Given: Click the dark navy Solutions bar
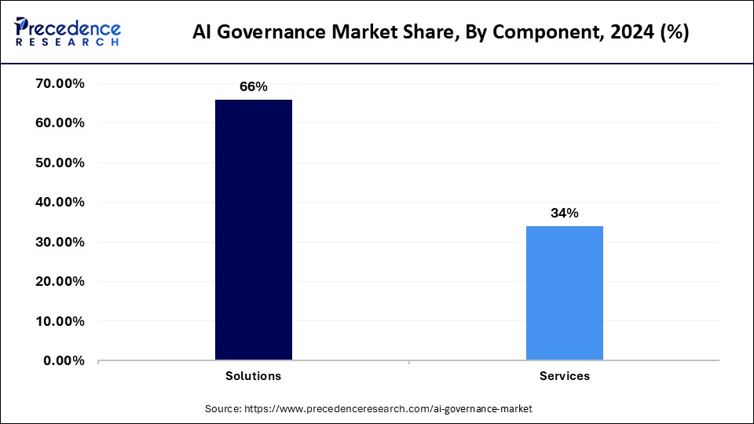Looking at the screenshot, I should click(x=254, y=230).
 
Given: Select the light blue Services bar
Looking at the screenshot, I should click(x=564, y=293).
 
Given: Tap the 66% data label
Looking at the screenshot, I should click(x=254, y=87).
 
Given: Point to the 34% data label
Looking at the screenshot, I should click(x=564, y=213).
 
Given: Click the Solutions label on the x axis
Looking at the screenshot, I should click(x=254, y=376).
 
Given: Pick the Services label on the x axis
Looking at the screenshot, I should click(x=564, y=376).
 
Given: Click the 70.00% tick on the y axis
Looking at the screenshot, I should click(x=60, y=84).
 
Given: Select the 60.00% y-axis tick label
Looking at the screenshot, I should click(x=60, y=123).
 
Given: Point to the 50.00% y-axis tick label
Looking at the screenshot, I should click(x=60, y=163).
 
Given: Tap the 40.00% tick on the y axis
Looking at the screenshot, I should click(x=60, y=203).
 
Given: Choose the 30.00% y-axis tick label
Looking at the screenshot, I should click(x=60, y=242).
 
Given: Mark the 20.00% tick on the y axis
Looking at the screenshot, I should click(x=60, y=282).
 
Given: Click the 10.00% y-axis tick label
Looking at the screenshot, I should click(x=60, y=321).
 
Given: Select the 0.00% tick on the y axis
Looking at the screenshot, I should click(x=64, y=360).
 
